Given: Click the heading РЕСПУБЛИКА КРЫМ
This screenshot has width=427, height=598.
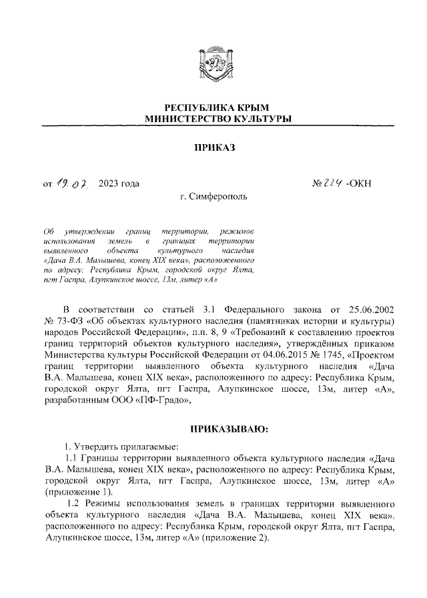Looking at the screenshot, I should pyautogui.click(x=213, y=107).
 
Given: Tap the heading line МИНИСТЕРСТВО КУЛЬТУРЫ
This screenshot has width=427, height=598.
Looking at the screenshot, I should pyautogui.click(x=213, y=119).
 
